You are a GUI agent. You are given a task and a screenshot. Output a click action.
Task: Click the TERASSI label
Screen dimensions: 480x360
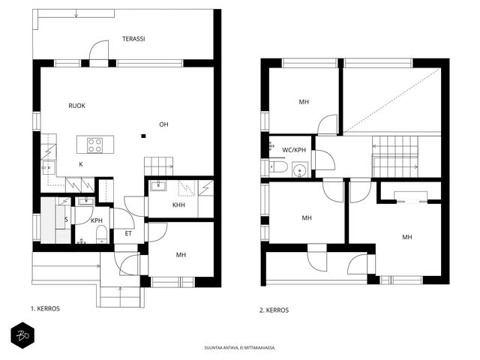[x=133, y=39]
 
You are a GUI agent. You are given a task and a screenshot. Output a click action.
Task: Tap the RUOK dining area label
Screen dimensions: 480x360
[x=76, y=106]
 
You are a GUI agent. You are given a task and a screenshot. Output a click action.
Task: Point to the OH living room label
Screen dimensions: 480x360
[x=163, y=124]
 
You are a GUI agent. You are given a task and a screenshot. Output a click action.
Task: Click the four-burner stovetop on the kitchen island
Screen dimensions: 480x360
[x=95, y=145]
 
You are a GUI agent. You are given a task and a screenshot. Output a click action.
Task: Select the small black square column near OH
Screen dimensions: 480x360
[x=143, y=136]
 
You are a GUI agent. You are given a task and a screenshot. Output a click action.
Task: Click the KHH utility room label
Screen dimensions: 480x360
[x=178, y=205]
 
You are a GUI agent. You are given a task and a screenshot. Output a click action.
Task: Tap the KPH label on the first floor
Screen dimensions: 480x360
[x=97, y=220]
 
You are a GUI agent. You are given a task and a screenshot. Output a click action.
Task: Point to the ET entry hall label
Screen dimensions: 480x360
[x=128, y=233]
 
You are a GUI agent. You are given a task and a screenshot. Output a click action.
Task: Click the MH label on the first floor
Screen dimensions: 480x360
[x=181, y=255]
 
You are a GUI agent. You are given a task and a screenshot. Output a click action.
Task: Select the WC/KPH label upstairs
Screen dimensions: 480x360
[x=294, y=150]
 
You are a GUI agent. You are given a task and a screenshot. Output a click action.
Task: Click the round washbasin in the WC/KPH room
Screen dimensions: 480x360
[x=298, y=169]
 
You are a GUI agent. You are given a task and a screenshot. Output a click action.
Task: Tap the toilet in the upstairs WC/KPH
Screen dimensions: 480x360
[x=278, y=167]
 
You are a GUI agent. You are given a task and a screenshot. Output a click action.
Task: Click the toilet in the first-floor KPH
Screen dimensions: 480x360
[x=101, y=235]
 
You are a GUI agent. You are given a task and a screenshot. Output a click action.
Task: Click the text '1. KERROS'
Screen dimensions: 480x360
[x=45, y=308]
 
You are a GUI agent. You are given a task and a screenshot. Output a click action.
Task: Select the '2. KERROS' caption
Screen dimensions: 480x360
[x=274, y=310]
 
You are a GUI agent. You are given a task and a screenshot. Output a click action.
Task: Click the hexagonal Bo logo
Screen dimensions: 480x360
[x=22, y=335]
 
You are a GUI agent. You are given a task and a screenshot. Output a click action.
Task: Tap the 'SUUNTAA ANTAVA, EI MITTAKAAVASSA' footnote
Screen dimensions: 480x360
[x=240, y=348]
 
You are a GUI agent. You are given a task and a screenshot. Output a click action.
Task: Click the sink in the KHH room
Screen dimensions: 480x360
[x=158, y=185]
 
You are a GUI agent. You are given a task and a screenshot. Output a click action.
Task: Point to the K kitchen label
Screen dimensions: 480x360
[x=81, y=164]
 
